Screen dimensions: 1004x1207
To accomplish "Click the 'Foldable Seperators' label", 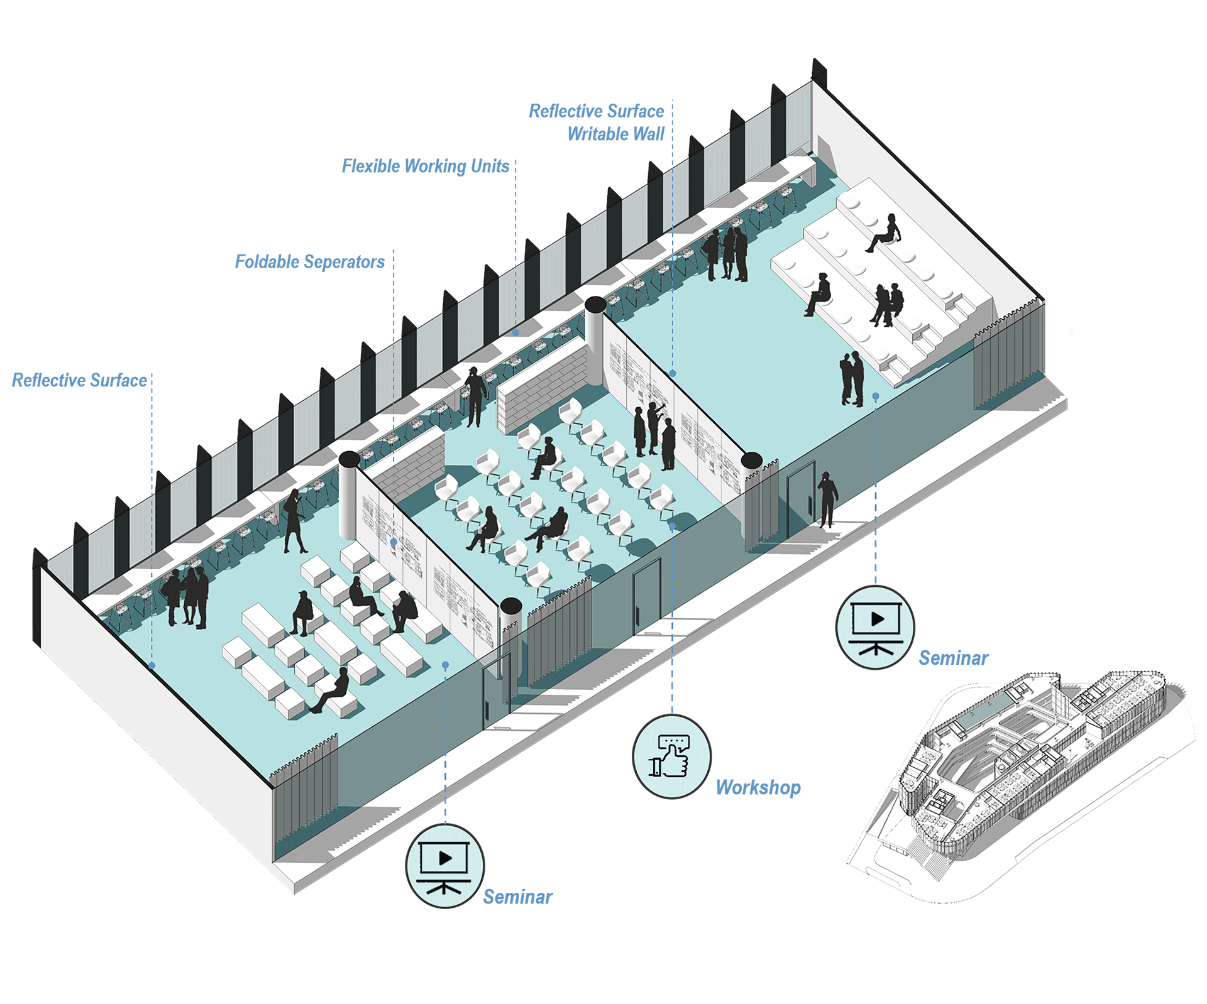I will pos(309,261).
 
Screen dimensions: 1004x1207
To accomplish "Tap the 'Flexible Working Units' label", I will pos(425,166).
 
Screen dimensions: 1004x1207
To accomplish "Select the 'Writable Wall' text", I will pos(615,134).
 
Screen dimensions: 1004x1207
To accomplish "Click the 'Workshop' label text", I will pos(758,787).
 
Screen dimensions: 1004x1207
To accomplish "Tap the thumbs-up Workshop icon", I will pos(671,756).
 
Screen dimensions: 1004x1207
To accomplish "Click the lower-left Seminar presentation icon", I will pos(444,866).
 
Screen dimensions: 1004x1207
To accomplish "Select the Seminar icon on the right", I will pos(875,626).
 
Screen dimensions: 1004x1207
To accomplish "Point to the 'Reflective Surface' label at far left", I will pos(79,380).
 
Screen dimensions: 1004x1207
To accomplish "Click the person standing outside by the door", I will pos(827,499).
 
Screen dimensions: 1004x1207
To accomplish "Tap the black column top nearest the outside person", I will pos(752,461).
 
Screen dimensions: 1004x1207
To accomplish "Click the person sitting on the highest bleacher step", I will pos(885,233).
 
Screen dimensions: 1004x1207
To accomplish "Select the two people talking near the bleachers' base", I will pos(852,379).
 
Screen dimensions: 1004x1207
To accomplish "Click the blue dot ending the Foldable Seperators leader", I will pos(394,542).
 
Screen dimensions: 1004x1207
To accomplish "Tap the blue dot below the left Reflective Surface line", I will pos(152,665).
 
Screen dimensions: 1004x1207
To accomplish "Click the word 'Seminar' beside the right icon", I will pos(953,658).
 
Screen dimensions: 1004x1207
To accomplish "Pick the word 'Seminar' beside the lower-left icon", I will pos(517,897).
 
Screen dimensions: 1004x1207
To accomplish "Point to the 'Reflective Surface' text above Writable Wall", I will pos(596,111).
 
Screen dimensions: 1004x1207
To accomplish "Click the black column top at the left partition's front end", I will pos(511,606).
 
